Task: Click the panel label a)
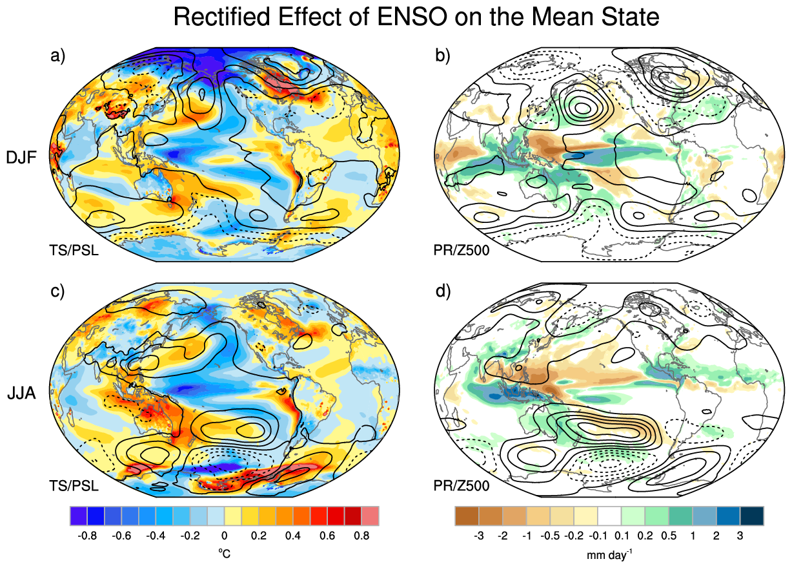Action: tap(58, 56)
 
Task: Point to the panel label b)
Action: tap(443, 56)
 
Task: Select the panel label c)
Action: tap(57, 291)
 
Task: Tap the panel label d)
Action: tap(443, 291)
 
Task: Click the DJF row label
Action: tap(21, 157)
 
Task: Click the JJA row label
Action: tap(21, 393)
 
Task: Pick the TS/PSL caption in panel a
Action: tap(74, 250)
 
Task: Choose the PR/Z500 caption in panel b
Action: tap(462, 250)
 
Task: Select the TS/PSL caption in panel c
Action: tap(74, 486)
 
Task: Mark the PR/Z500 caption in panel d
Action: tap(462, 486)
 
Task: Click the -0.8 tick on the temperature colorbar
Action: tap(87, 536)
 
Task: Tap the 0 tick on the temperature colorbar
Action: tap(225, 536)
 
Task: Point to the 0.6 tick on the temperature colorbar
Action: tap(327, 536)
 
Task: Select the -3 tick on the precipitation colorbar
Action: tap(478, 536)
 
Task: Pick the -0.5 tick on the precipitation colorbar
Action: tap(550, 536)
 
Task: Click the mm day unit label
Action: tap(609, 554)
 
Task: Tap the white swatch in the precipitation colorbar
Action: tap(609, 516)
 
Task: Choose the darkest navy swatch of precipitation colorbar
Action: tap(752, 516)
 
